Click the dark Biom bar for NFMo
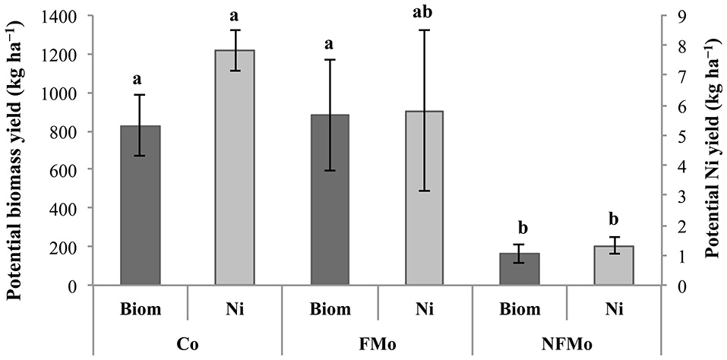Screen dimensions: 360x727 520,269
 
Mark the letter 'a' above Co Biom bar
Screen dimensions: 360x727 140,78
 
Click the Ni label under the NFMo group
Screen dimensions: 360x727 615,309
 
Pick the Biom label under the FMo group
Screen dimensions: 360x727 330,309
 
